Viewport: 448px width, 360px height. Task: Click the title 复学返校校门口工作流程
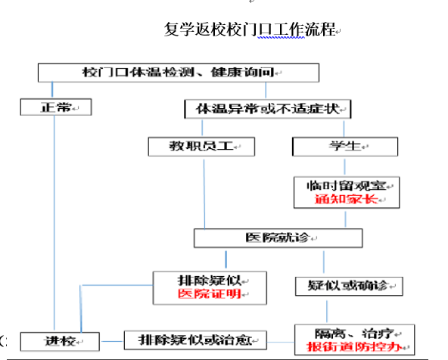(x=249, y=29)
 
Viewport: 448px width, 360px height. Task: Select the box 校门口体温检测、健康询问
(x=179, y=73)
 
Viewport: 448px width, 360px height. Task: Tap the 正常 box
(x=56, y=107)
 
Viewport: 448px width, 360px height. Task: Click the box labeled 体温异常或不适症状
(x=268, y=109)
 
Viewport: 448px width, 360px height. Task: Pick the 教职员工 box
(x=201, y=147)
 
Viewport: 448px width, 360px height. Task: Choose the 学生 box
(x=345, y=147)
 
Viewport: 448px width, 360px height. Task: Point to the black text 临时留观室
(x=347, y=186)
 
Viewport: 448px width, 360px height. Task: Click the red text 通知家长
(x=347, y=199)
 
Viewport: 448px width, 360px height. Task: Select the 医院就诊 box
(x=278, y=237)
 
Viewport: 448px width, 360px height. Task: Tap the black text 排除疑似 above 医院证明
(x=210, y=281)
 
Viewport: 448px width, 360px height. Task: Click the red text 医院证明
(x=210, y=293)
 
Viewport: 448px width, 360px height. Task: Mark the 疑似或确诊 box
(x=349, y=286)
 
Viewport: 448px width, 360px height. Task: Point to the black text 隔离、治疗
(x=354, y=334)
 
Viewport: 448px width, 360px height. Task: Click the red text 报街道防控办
(x=354, y=347)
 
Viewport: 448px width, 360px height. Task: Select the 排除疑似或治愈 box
(x=195, y=340)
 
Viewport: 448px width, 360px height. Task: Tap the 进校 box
(x=60, y=341)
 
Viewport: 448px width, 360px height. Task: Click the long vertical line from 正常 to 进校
(x=54, y=223)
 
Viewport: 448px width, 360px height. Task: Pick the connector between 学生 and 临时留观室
(x=344, y=166)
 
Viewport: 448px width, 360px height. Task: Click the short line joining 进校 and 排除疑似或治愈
(x=112, y=341)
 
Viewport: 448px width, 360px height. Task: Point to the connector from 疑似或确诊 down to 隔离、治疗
(x=327, y=311)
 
